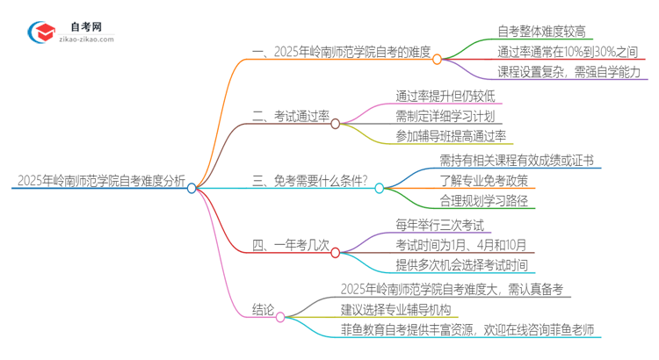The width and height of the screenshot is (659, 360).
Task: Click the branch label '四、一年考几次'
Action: pyautogui.click(x=290, y=245)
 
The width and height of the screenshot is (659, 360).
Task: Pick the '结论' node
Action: pyautogui.click(x=263, y=308)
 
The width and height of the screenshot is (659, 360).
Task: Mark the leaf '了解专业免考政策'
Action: pyautogui.click(x=483, y=181)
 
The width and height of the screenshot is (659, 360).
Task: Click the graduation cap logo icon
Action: pyautogui.click(x=41, y=32)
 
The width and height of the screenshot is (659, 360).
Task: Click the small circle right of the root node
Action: pyautogui.click(x=192, y=187)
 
